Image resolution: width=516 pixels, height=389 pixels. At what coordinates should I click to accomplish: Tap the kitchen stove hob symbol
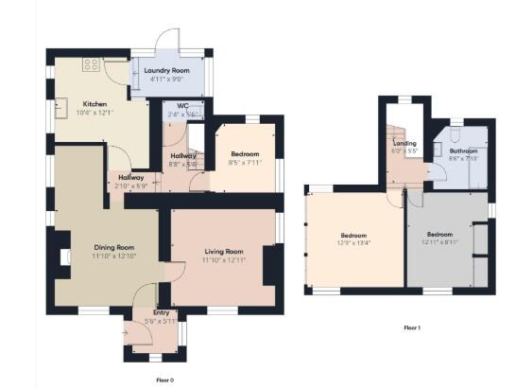tap(92, 64)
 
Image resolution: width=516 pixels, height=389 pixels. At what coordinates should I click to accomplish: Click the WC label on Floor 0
tap(176, 107)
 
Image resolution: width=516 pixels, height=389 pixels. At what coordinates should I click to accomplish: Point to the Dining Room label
tap(113, 247)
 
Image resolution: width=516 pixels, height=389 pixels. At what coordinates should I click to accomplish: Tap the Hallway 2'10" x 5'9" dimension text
tap(130, 186)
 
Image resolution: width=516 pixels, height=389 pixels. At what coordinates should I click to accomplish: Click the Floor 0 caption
tap(166, 379)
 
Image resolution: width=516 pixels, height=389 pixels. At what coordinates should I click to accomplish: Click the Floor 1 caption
tap(411, 327)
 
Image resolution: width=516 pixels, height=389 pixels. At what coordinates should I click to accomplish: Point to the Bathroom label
tap(463, 150)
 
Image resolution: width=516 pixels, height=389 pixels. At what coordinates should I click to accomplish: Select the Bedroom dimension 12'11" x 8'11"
tap(439, 242)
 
